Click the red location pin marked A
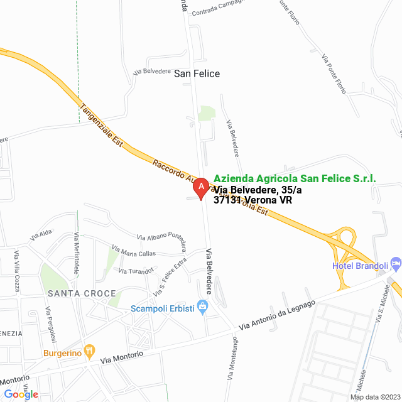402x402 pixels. (200, 187)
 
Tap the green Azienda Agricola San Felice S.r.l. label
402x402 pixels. (295, 179)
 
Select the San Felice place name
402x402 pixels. (197, 73)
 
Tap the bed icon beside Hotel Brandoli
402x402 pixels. (395, 261)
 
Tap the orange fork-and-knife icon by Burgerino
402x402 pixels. (90, 350)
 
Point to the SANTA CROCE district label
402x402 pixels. (81, 293)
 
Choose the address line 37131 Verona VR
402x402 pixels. (253, 200)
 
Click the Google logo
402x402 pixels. (21, 394)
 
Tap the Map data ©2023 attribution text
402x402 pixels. (374, 397)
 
